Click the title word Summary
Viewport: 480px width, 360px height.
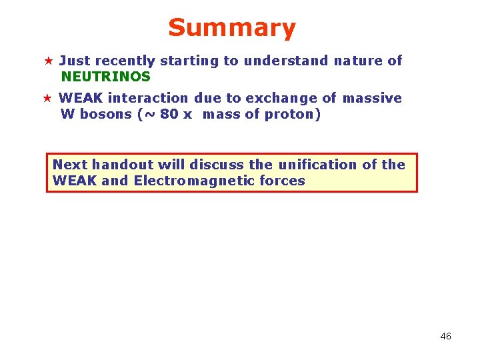click(231, 28)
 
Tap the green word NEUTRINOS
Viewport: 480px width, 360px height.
click(105, 77)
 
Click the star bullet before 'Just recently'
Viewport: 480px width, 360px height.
click(47, 61)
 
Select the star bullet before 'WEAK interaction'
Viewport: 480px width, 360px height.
click(47, 99)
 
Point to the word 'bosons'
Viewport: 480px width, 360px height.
click(105, 114)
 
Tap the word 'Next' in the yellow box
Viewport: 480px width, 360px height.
click(70, 165)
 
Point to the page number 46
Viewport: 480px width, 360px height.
click(445, 337)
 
